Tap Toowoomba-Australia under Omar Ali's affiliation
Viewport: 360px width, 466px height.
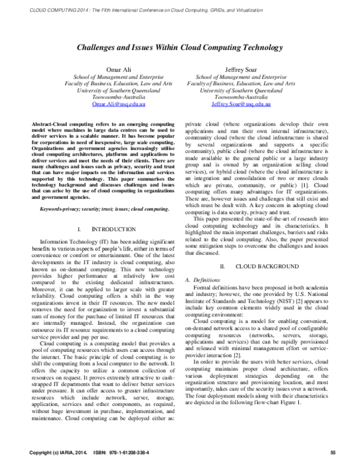(106, 97)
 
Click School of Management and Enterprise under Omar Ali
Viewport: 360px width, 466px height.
(106, 77)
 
